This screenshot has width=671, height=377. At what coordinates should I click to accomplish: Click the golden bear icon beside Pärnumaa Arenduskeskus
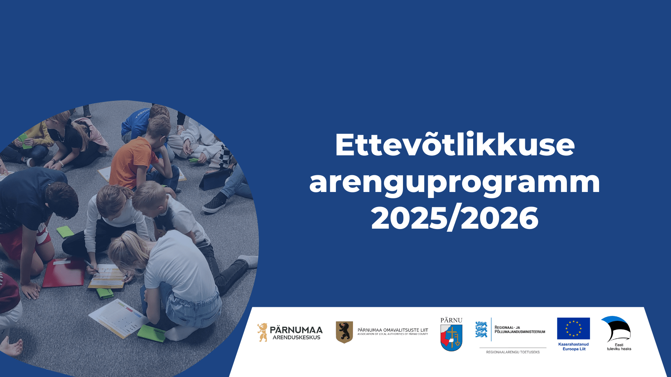(x=262, y=332)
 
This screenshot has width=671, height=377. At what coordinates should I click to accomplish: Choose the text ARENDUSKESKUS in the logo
(x=296, y=338)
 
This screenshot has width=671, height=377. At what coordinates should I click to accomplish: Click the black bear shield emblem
(x=344, y=332)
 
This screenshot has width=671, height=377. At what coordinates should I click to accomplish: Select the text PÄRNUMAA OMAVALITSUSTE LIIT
(x=393, y=330)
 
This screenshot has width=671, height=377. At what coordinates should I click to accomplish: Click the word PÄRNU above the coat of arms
(x=451, y=320)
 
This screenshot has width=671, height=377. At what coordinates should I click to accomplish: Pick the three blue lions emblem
(x=481, y=329)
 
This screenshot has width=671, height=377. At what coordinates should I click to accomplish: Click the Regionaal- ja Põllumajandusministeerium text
(x=520, y=330)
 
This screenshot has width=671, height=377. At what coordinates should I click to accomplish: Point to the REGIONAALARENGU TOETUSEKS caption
(x=513, y=352)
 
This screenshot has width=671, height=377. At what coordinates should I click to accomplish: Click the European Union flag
(x=573, y=328)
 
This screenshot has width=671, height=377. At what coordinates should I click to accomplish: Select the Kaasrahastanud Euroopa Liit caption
(x=573, y=347)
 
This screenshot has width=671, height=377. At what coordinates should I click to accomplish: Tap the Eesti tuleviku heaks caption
(x=619, y=347)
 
